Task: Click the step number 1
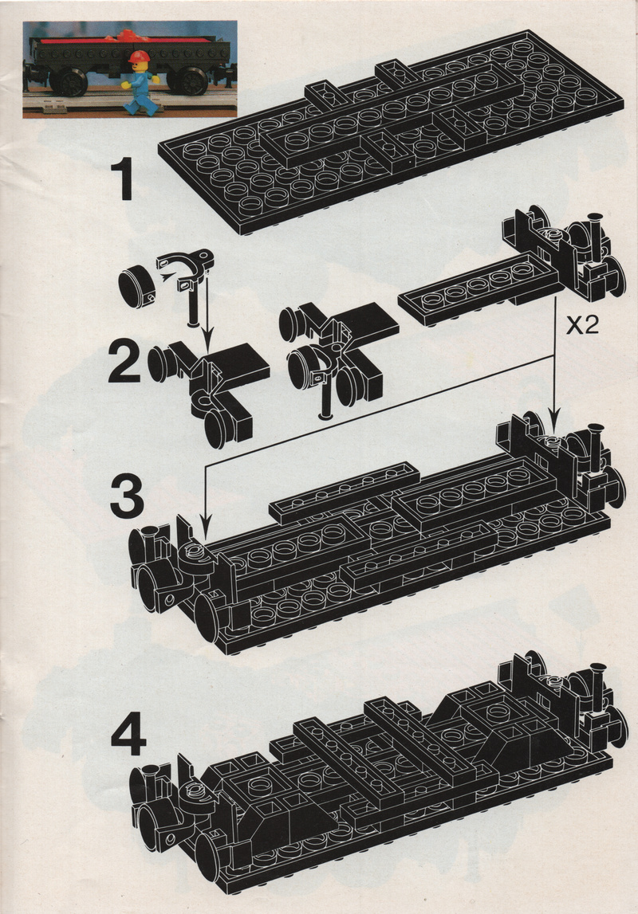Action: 123,180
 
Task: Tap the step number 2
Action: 124,363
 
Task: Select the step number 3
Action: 127,496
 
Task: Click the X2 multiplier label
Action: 582,325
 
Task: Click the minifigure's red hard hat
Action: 139,57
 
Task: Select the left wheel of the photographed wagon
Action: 70,81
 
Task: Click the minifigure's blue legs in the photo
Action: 140,101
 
